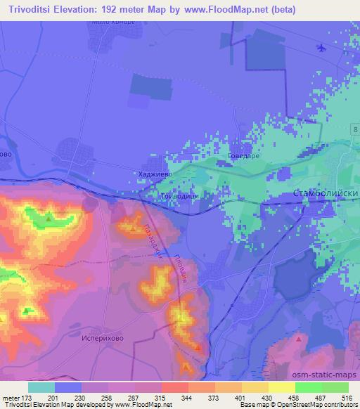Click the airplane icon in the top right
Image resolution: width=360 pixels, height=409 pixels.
click(x=321, y=48)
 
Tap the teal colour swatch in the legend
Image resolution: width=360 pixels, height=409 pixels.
click(x=41, y=387)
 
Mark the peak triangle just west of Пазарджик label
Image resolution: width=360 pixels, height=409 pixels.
click(x=133, y=229)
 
